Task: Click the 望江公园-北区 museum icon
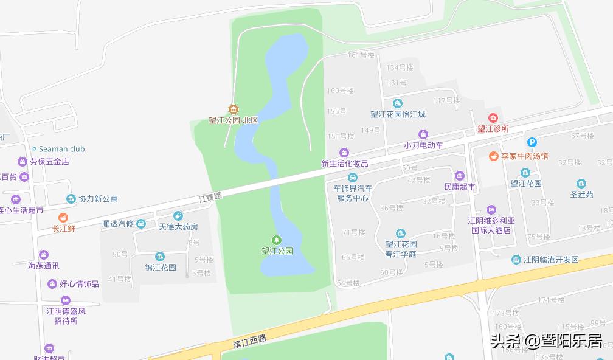pos(233,109)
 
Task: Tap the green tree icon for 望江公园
pos(277,240)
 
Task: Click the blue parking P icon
pos(532,142)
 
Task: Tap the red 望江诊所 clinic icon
pos(493,117)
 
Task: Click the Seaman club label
pos(62,149)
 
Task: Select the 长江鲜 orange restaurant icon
pos(63,217)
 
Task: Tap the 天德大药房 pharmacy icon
pos(178,215)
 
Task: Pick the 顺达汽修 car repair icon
pos(141,224)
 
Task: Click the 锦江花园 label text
pos(160,268)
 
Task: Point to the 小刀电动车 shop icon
pos(423,134)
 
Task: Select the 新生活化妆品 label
pos(345,164)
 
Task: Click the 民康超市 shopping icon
pos(459,175)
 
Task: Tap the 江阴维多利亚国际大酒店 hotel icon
pos(491,209)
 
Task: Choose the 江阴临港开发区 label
pos(552,260)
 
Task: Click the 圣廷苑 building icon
pos(581,184)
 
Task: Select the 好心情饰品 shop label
pos(79,284)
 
